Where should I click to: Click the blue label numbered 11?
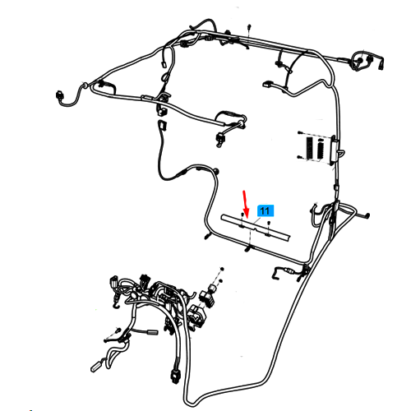(266, 211)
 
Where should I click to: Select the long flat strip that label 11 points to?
(256, 228)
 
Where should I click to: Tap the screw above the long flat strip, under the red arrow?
(242, 215)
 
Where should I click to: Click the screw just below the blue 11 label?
(269, 223)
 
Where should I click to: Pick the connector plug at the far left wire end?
(58, 95)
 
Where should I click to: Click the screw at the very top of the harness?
(249, 26)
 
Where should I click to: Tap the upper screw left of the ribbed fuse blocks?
(300, 133)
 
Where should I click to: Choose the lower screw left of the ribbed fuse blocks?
(299, 157)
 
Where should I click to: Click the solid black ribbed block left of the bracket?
(310, 148)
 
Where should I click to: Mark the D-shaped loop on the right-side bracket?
(341, 153)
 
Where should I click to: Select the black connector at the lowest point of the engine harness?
(174, 376)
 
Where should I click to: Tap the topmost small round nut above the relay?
(222, 269)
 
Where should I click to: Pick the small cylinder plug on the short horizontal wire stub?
(152, 332)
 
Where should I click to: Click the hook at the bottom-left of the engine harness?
(115, 304)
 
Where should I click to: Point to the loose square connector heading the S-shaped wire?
(162, 125)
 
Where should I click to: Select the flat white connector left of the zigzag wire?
(267, 84)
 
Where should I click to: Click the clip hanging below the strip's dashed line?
(248, 249)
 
